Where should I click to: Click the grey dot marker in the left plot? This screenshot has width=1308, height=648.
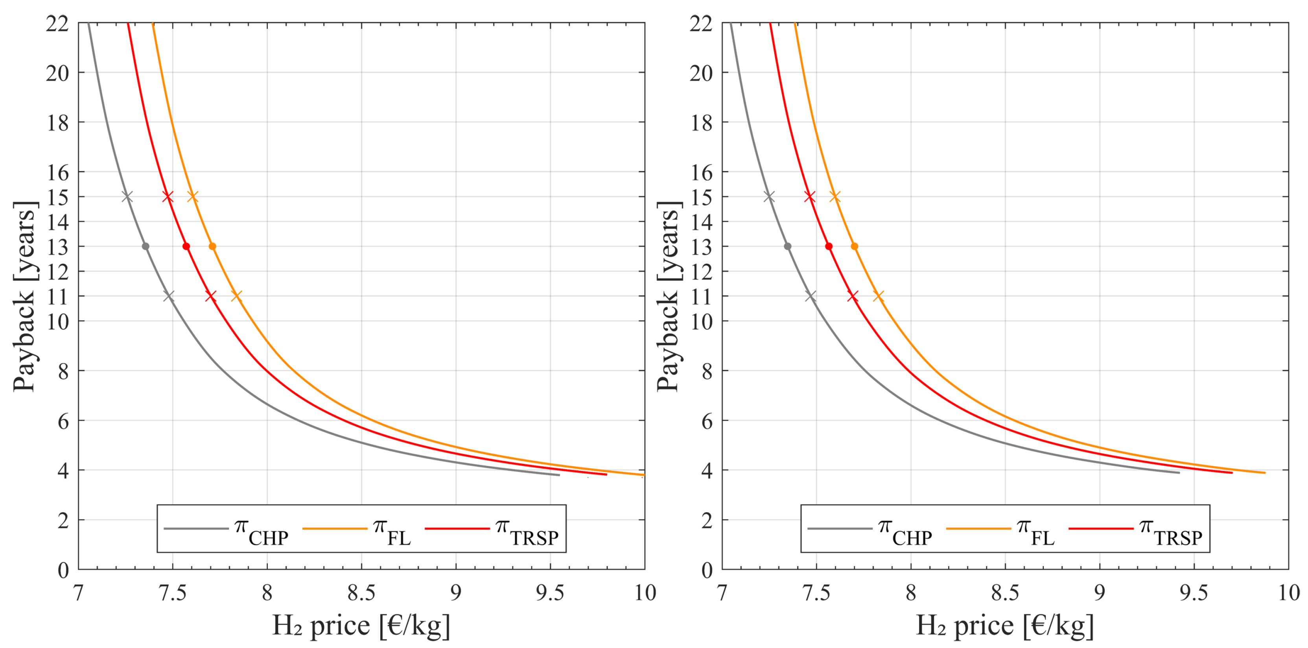(x=145, y=246)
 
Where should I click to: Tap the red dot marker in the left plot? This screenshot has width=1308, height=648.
(x=186, y=246)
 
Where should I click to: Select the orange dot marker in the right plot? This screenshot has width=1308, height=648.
(x=854, y=246)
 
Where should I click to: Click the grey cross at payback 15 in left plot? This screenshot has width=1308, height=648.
(x=127, y=197)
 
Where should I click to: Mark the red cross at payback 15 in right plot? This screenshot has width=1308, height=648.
(x=810, y=197)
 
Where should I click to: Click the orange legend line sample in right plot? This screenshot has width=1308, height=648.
(x=978, y=529)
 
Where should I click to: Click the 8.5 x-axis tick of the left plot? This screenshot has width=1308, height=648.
(x=361, y=593)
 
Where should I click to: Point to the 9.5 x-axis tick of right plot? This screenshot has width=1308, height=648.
(x=1194, y=593)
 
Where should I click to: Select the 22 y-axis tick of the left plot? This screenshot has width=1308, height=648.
(x=57, y=23)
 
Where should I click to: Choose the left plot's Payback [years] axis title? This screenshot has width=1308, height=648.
(x=24, y=296)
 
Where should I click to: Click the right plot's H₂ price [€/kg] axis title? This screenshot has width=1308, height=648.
(x=1004, y=626)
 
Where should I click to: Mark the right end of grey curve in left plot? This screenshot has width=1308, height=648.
(x=559, y=475)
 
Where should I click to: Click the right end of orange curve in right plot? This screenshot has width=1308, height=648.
(x=1264, y=473)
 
